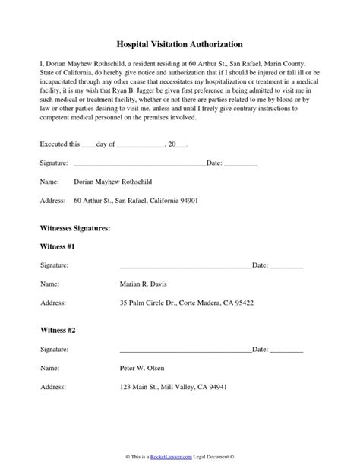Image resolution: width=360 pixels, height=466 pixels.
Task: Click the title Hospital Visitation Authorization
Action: (180, 46)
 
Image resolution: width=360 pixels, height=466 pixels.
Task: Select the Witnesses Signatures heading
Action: (75, 228)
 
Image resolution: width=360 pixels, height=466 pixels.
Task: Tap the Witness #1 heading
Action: (57, 247)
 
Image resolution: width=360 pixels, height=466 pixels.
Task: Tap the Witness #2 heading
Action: (57, 331)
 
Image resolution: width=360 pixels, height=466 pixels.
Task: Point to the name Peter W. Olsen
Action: (142, 368)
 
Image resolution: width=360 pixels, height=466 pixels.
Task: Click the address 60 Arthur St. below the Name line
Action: (136, 201)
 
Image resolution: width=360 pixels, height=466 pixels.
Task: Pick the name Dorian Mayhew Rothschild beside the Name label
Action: (114, 182)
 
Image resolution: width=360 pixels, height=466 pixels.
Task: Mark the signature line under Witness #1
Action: (185, 267)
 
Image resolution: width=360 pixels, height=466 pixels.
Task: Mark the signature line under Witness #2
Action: (185, 351)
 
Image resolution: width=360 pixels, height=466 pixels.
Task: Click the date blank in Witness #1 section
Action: (286, 267)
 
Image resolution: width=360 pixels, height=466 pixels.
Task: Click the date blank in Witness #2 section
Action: (286, 351)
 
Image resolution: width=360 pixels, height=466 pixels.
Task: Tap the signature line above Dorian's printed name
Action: (139, 164)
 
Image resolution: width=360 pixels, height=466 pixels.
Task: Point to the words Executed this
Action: (58, 144)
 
